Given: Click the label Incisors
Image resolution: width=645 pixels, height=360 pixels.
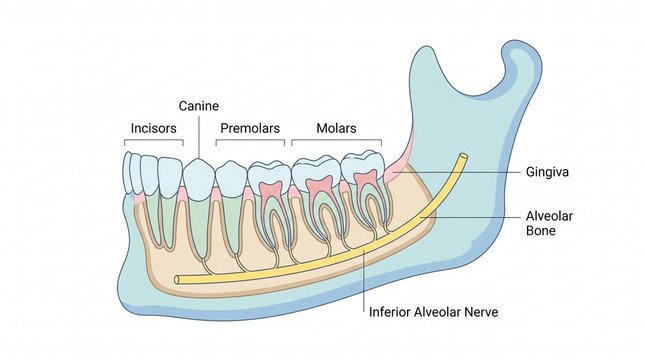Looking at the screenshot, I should [x=155, y=128].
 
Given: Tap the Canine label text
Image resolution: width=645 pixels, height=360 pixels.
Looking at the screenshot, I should [x=199, y=105].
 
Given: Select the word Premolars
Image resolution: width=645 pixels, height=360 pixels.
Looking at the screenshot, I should [x=248, y=128].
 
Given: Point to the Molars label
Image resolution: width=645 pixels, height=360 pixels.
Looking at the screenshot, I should [x=336, y=128].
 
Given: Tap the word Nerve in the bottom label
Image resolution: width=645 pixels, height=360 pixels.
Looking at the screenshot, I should [x=475, y=312].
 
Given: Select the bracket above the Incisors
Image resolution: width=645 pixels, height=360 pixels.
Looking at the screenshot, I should [x=155, y=140].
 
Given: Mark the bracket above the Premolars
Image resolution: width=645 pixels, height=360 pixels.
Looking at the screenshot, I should [x=249, y=140].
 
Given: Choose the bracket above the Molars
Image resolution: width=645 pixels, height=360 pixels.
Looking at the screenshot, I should [x=336, y=140].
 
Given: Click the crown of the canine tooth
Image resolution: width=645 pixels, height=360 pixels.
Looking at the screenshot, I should [x=198, y=176].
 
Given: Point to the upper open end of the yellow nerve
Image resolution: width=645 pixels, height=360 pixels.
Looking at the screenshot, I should [x=463, y=156].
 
